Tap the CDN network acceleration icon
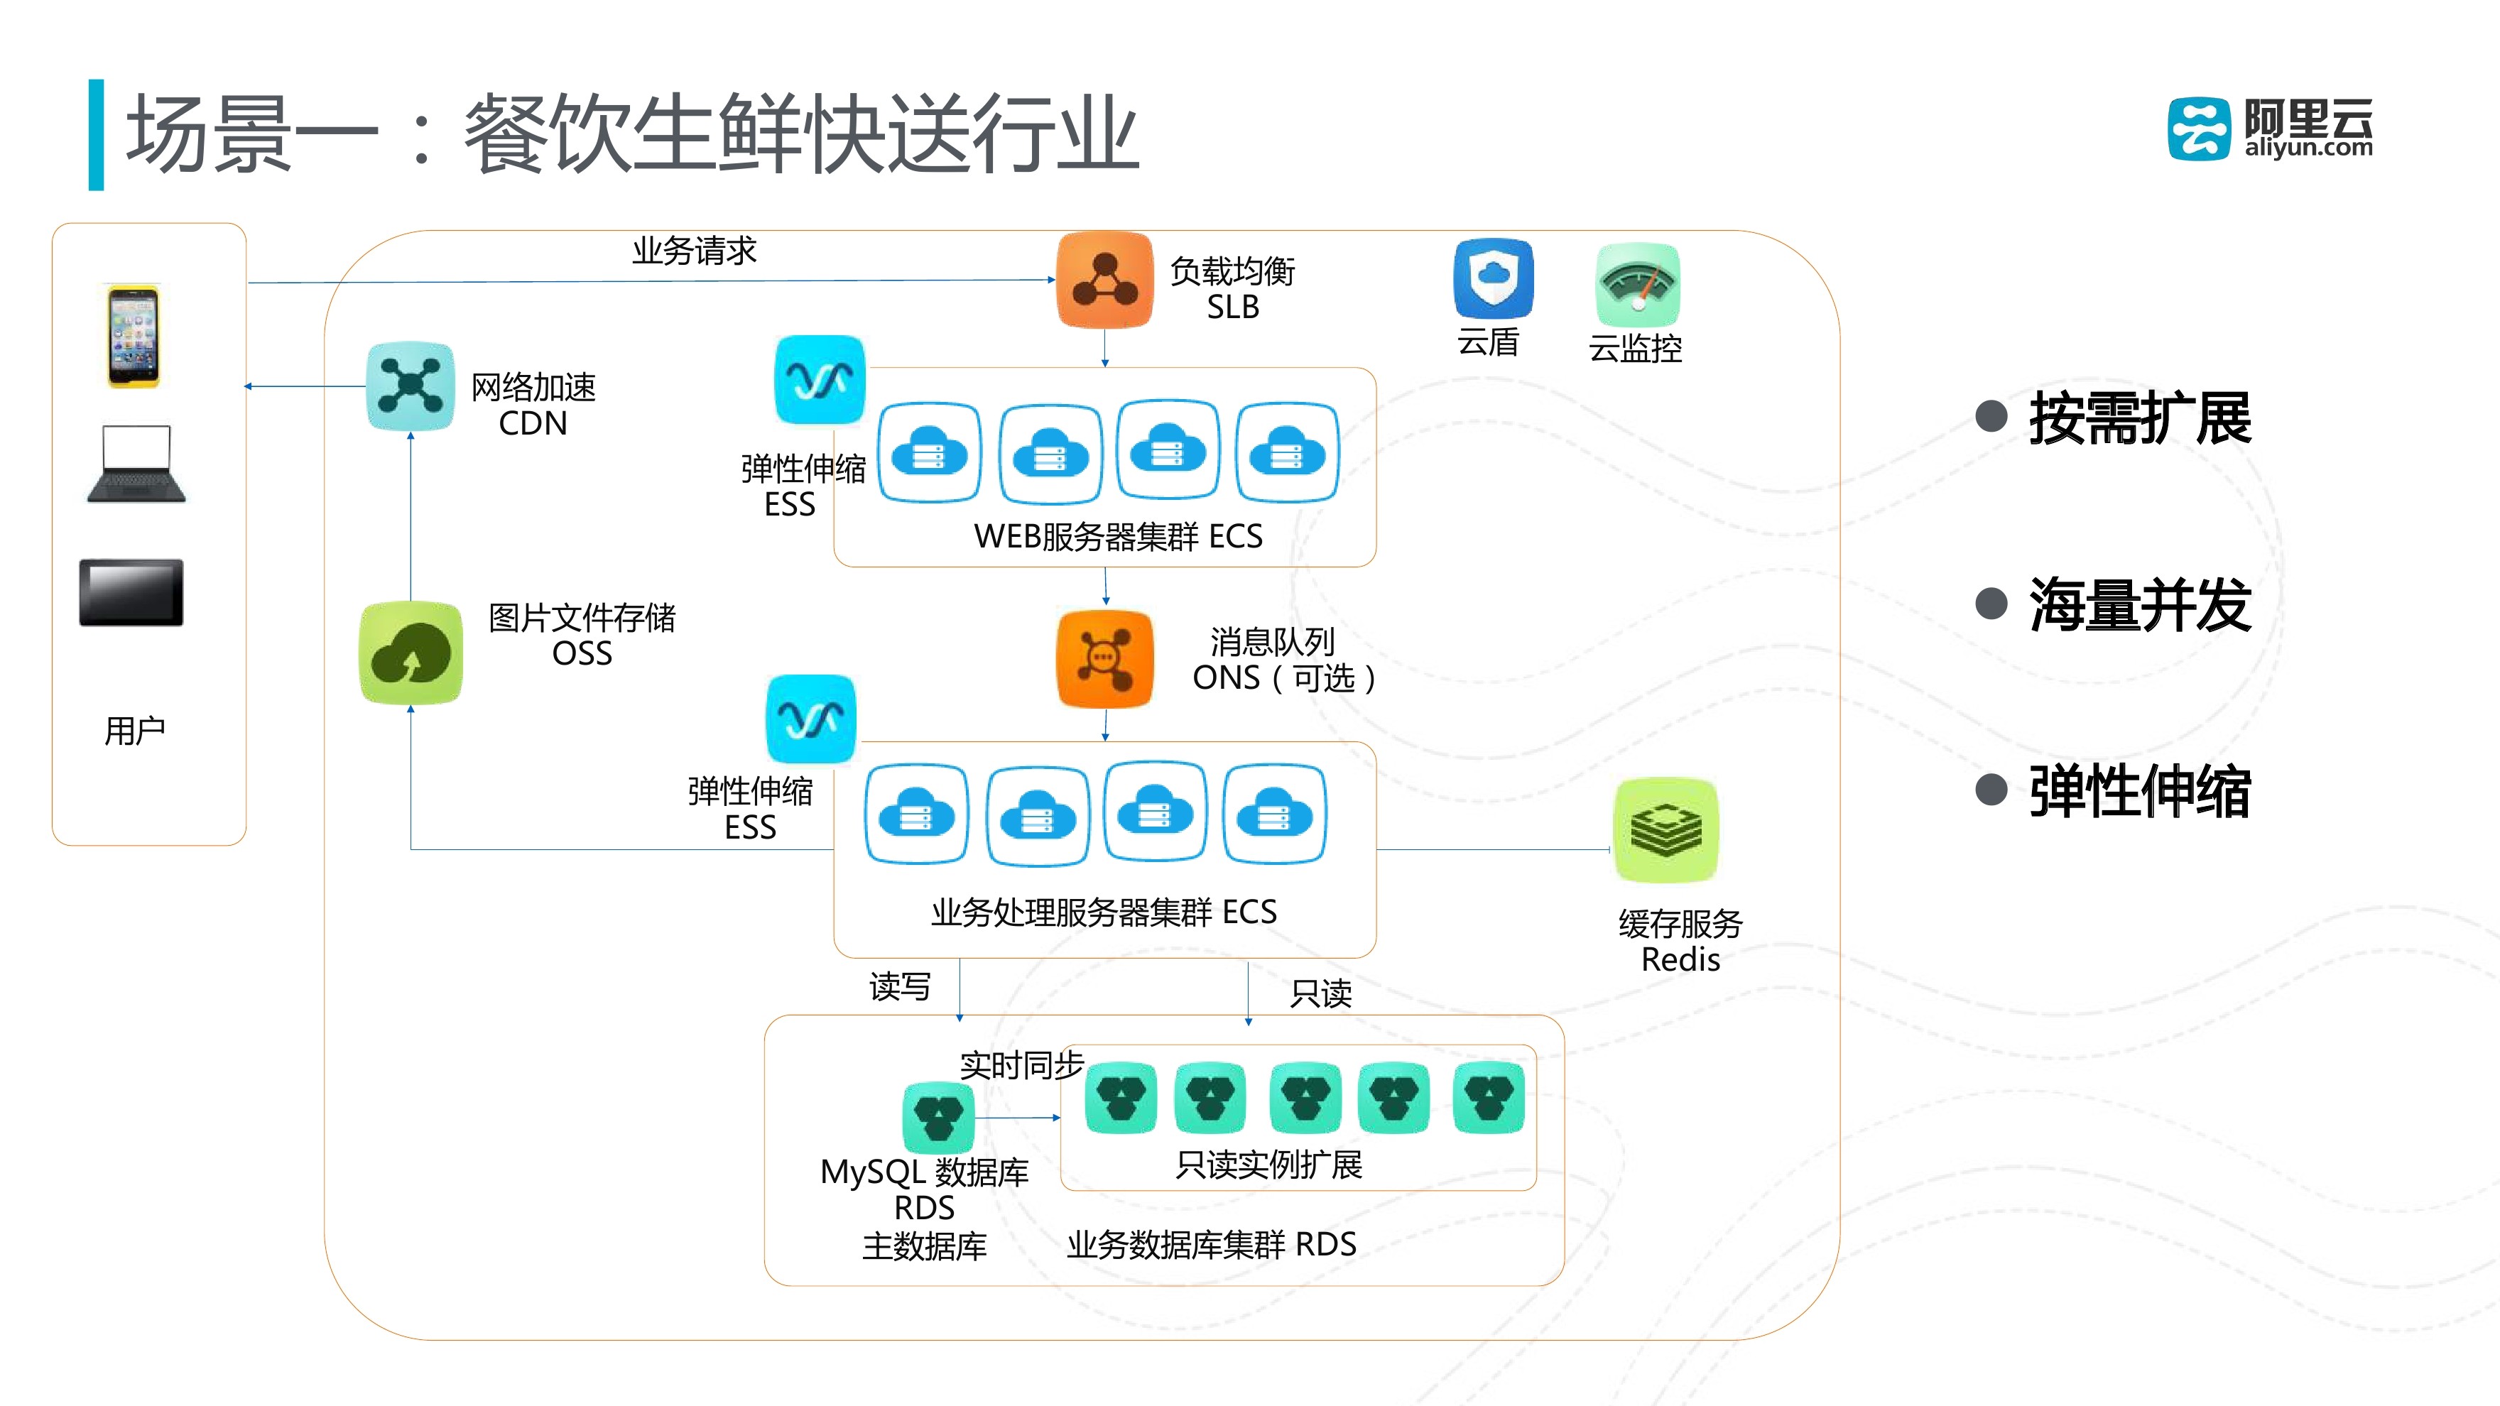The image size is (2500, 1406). pyautogui.click(x=411, y=385)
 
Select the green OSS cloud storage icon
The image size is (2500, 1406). pyautogui.click(x=411, y=652)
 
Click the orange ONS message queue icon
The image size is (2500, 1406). pyautogui.click(x=1104, y=659)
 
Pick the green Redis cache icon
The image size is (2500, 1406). pyautogui.click(x=1665, y=829)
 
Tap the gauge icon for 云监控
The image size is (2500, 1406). pyautogui.click(x=1637, y=284)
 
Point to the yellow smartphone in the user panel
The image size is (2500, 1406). pyautogui.click(x=133, y=336)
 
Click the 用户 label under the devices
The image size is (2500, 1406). pyautogui.click(x=135, y=731)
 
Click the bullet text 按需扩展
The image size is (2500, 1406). pyautogui.click(x=2139, y=418)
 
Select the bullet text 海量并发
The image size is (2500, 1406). pyautogui.click(x=2139, y=604)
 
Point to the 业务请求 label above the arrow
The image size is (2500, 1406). pyautogui.click(x=694, y=251)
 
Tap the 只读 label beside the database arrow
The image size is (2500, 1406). pyautogui.click(x=1320, y=993)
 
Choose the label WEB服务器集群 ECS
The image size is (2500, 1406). pyautogui.click(x=1118, y=535)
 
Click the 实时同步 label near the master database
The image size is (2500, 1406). pyautogui.click(x=1021, y=1065)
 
